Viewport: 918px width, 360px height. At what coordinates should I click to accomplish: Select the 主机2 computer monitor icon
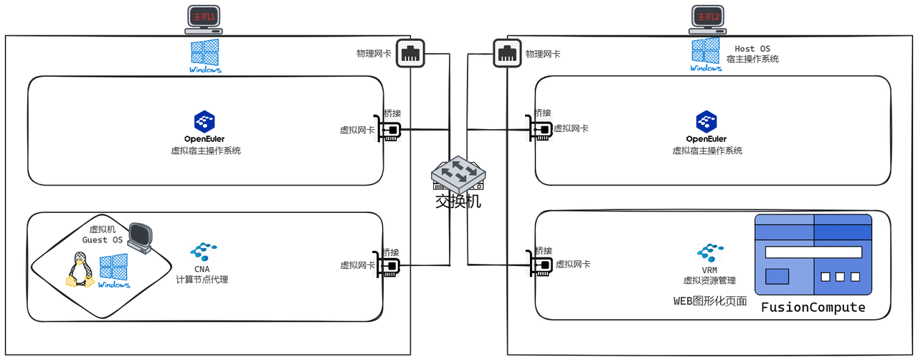pyautogui.click(x=708, y=19)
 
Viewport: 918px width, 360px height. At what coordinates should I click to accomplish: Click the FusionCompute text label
pyautogui.click(x=813, y=308)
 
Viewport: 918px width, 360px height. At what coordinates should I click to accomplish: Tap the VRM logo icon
pyautogui.click(x=709, y=252)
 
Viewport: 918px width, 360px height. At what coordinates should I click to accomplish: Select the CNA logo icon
pyautogui.click(x=202, y=252)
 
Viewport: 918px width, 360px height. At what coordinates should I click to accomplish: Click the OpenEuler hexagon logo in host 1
pyautogui.click(x=204, y=121)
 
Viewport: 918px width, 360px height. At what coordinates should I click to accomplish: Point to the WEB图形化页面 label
pyautogui.click(x=709, y=301)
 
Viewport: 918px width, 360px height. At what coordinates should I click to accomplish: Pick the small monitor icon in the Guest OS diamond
pyautogui.click(x=141, y=237)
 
